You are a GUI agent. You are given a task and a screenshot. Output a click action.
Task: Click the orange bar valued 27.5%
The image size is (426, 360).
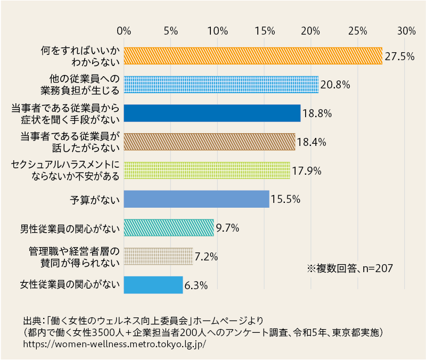pos(253,56)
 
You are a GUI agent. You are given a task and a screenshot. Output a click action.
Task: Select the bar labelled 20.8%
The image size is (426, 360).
pos(221,85)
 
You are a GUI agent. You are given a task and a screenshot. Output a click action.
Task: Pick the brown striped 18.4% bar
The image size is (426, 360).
pos(209,142)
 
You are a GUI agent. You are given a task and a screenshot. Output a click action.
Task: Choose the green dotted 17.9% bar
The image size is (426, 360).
pos(207,170)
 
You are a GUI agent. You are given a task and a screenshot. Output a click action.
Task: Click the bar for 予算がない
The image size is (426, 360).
pos(196,199)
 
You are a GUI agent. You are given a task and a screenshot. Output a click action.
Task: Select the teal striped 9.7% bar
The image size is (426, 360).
pos(169,228)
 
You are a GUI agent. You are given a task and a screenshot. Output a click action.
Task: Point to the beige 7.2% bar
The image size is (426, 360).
pos(158,256)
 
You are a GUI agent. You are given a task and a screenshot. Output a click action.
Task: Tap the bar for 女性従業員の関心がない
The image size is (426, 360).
pos(153,285)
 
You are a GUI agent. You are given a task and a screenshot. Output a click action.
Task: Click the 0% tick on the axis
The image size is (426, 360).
pos(124,31)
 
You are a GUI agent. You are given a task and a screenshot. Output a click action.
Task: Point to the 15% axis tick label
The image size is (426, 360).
pos(265,31)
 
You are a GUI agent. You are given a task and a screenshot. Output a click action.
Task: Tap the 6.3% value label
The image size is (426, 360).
pos(196,286)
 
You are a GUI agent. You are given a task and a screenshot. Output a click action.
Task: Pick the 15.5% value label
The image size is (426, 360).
pos(286,200)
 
